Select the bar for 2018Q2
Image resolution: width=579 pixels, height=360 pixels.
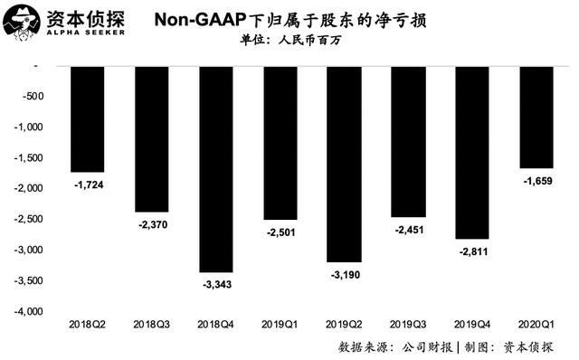tap(87, 118)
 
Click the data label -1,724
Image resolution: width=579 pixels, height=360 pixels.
tap(87, 185)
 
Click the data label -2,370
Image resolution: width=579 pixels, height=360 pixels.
tap(151, 224)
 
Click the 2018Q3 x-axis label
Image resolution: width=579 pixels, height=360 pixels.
tap(151, 322)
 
